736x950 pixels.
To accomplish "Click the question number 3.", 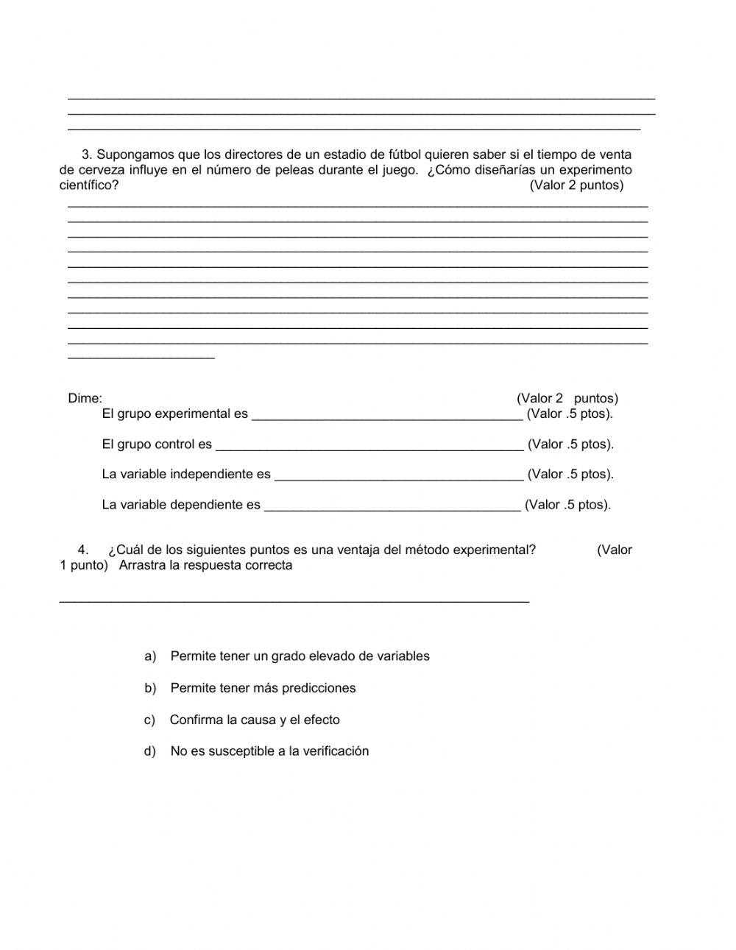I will [86, 155].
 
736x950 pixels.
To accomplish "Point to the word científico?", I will [88, 185].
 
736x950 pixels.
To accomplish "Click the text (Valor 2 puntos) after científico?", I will [576, 185].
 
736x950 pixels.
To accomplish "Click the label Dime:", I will [85, 399].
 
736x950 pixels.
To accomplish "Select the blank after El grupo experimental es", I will [387, 415].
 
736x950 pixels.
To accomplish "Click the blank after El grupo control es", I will [369, 445].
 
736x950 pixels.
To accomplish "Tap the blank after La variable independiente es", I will [399, 475].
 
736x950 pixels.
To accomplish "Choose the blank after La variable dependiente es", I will [392, 506].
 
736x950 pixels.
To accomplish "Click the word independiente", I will [220, 475].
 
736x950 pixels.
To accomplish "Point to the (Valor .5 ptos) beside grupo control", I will [570, 444].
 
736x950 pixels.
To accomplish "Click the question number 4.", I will [82, 550].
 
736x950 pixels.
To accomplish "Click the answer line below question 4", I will [294, 600].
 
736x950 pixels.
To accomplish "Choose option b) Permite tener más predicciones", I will [262, 689].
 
